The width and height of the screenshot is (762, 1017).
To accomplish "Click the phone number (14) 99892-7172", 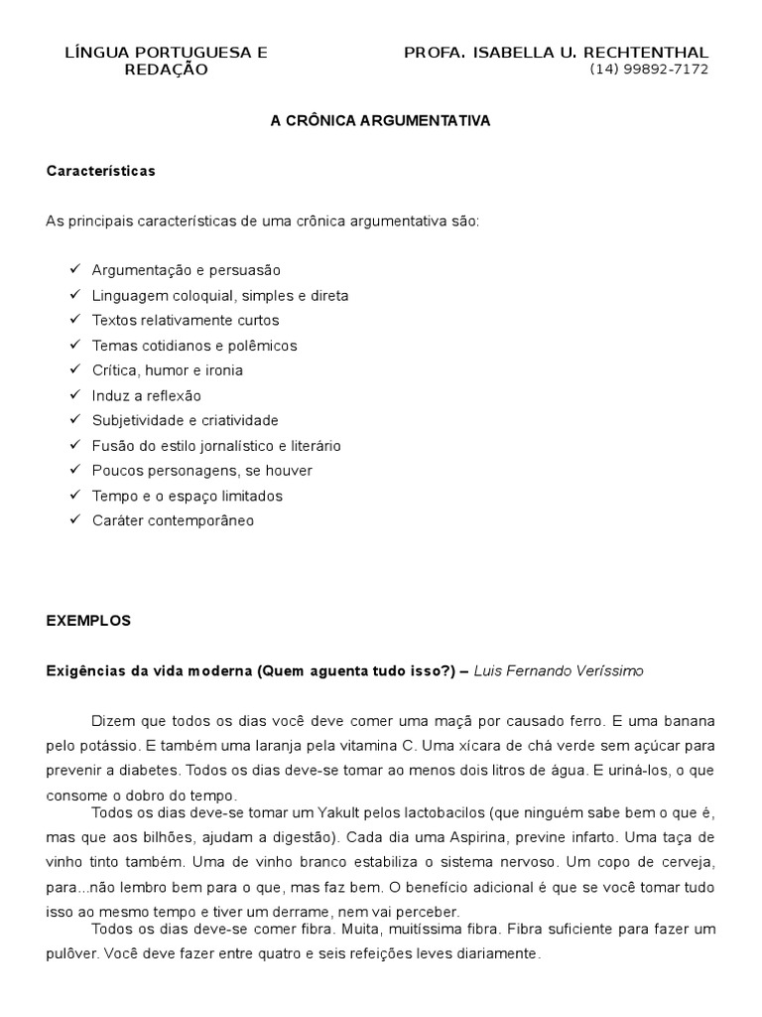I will coord(649,70).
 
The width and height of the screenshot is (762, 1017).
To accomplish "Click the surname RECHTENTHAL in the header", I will coord(648,52).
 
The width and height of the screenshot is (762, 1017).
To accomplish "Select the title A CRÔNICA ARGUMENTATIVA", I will coord(381,120).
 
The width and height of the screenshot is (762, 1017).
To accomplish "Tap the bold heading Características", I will coord(101,171).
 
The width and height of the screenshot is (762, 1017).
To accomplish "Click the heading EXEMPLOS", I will coord(88,621).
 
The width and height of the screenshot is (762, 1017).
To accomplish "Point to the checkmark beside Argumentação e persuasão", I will coord(75,269).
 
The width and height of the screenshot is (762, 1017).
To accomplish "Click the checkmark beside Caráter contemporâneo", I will coord(75,519).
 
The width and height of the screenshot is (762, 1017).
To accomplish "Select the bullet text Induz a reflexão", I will coord(146,395).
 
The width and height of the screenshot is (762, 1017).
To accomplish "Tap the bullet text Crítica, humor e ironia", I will coord(167,370).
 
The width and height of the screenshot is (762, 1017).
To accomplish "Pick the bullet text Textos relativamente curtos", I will coord(186,320).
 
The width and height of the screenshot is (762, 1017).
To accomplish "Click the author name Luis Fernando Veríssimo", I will coord(559,671).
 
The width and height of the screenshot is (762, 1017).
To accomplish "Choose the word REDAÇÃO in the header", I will coord(166,70).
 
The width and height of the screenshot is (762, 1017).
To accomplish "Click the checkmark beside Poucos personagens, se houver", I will coord(75,470).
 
